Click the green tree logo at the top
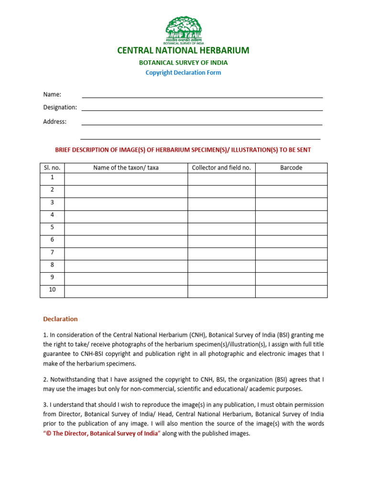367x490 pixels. point(183,29)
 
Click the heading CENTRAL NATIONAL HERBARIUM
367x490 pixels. point(183,50)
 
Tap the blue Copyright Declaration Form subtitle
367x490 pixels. point(183,73)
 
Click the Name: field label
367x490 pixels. point(52,94)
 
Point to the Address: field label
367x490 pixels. point(55,122)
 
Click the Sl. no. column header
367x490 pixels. point(52,167)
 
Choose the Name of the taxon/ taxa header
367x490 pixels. point(126,167)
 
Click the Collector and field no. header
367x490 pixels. point(221,167)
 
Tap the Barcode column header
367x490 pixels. point(291,167)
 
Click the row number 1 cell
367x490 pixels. point(52,178)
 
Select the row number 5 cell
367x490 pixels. point(52,227)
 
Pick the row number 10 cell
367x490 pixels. point(52,290)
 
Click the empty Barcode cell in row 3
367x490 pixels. point(291,203)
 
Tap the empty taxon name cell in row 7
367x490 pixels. point(126,253)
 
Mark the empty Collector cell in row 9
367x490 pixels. point(221,278)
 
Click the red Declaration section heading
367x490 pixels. point(60,319)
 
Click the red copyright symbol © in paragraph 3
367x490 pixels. point(48,434)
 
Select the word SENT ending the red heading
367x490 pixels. point(303,150)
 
